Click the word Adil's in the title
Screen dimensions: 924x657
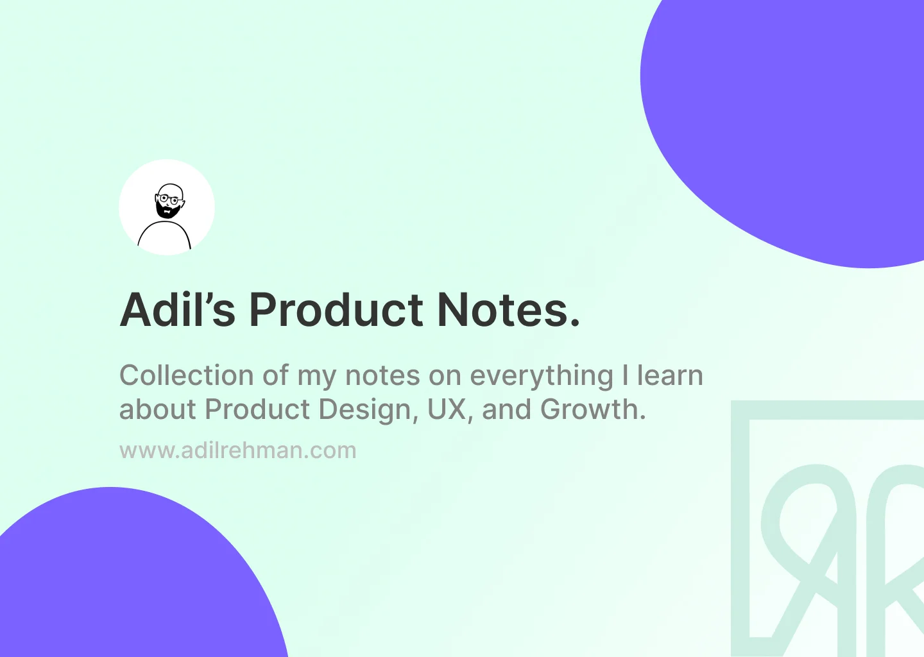coord(177,310)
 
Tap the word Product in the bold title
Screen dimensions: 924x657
coord(336,310)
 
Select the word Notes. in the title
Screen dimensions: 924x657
coord(509,310)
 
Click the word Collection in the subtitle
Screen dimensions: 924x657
coord(187,375)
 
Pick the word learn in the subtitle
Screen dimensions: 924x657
coord(670,375)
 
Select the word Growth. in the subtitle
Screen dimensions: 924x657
coord(593,409)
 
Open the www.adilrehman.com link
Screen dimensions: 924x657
coord(238,450)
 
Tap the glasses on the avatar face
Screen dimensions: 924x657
coord(169,200)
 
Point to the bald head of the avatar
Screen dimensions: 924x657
coord(170,190)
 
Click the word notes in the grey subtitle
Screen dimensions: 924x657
coord(382,376)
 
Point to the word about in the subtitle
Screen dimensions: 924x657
coord(157,409)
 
